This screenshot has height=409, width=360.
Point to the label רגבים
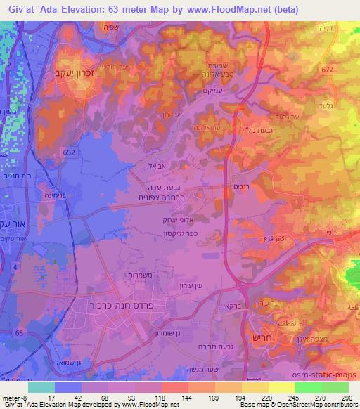pyautogui.click(x=238, y=188)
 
